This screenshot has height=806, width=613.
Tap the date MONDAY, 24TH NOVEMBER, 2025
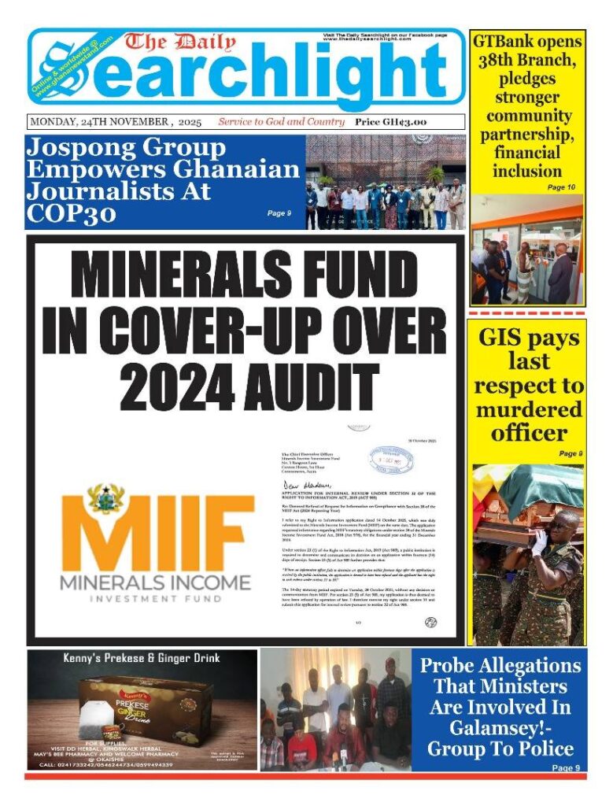(115, 122)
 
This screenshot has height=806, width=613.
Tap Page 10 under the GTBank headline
(561, 187)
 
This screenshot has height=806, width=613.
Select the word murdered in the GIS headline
(528, 409)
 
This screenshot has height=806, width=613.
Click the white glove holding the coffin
(537, 542)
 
